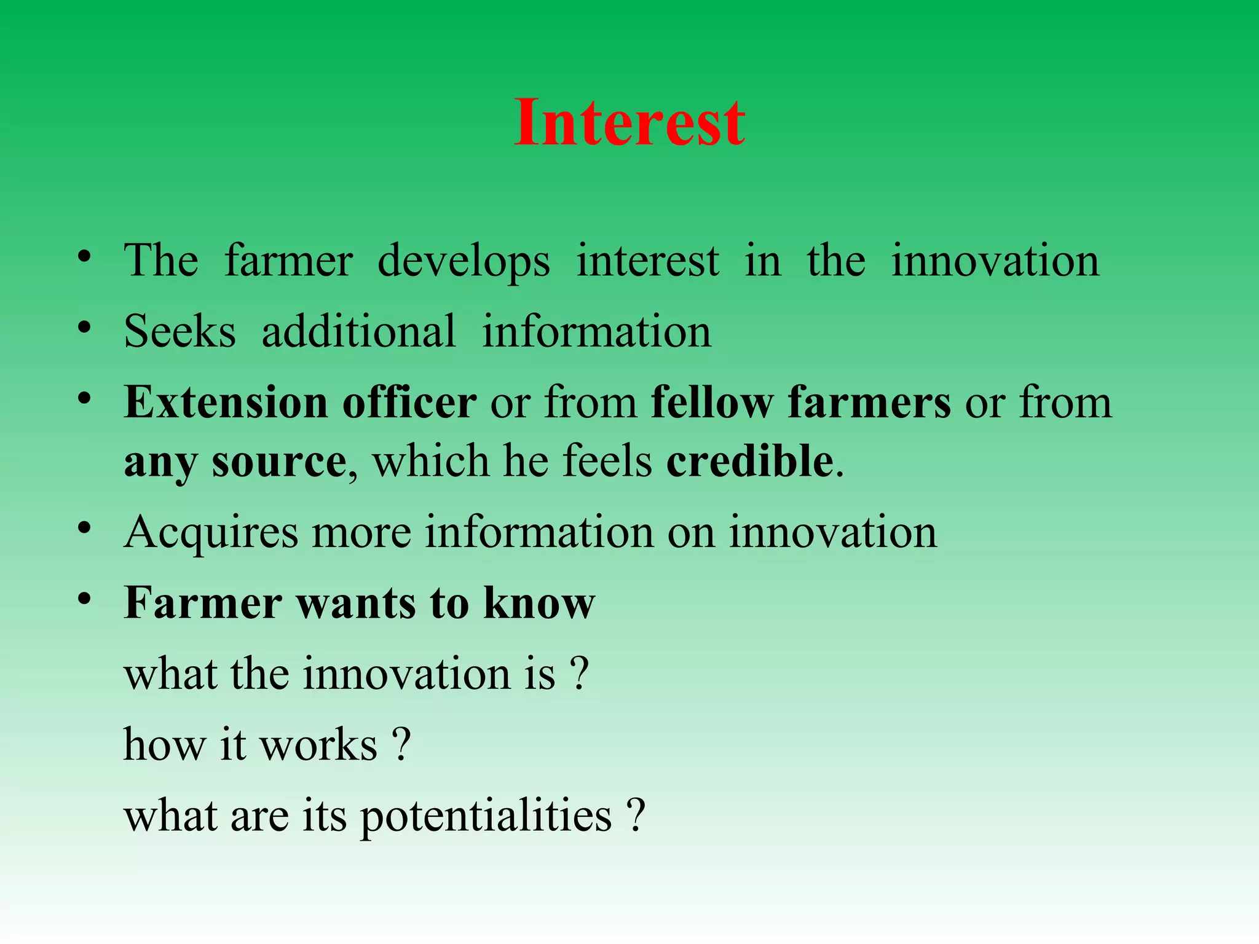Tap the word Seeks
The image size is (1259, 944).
click(180, 332)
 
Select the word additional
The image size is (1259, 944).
click(358, 332)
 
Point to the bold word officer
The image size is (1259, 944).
click(409, 403)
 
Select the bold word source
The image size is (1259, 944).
click(279, 462)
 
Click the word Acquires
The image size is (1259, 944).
click(211, 533)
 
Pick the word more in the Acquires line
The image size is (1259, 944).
click(361, 533)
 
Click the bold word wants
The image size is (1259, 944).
click(357, 603)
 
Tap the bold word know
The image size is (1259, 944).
click(539, 603)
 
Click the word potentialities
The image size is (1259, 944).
click(486, 817)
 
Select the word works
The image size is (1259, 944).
click(318, 745)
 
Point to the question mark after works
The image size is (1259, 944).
click(401, 745)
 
